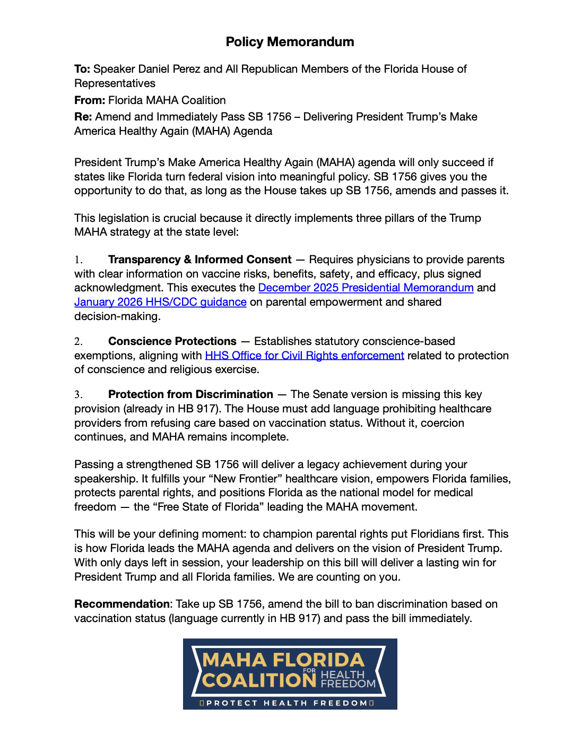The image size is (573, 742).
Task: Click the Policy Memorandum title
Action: pyautogui.click(x=290, y=42)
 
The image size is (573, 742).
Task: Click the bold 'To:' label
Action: pyautogui.click(x=82, y=69)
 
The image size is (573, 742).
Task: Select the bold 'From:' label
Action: pyautogui.click(x=90, y=100)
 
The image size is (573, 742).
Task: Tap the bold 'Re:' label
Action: pyautogui.click(x=83, y=117)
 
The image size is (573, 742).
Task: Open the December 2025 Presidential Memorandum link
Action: pyautogui.click(x=366, y=288)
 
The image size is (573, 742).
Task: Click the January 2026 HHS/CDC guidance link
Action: pyautogui.click(x=160, y=302)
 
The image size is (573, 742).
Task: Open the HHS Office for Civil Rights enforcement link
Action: pyautogui.click(x=305, y=356)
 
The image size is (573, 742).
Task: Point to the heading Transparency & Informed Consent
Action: pyautogui.click(x=199, y=260)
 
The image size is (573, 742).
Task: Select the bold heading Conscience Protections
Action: pyautogui.click(x=172, y=341)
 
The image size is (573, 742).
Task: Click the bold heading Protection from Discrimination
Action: pyautogui.click(x=190, y=394)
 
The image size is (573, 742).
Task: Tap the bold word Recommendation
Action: pyautogui.click(x=121, y=604)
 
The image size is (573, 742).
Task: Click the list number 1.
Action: pyautogui.click(x=78, y=260)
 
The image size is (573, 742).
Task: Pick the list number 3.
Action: pyautogui.click(x=78, y=394)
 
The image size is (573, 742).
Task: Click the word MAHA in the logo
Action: pyautogui.click(x=235, y=660)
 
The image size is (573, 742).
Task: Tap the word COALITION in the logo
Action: pyautogui.click(x=259, y=680)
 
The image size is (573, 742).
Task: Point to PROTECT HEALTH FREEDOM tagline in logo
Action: pyautogui.click(x=286, y=703)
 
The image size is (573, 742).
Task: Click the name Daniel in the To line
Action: pyautogui.click(x=156, y=69)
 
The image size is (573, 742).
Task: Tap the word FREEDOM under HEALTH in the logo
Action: pyautogui.click(x=348, y=684)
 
